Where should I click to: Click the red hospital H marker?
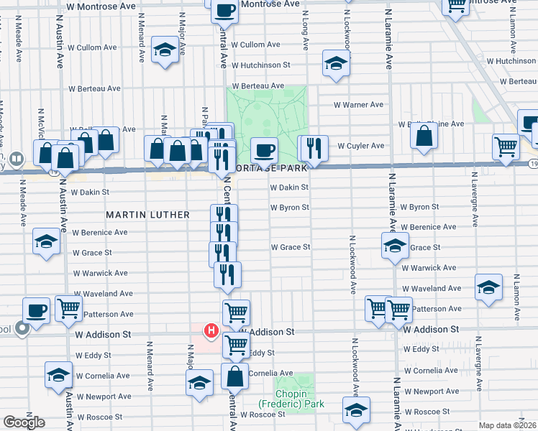coord(211,330)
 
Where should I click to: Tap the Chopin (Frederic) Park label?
coord(301,399)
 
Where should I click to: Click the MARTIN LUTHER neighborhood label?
coord(147,215)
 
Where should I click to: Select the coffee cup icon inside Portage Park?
coord(265,149)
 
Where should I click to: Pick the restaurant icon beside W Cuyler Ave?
coord(314,148)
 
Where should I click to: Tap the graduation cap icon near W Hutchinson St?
coord(336,63)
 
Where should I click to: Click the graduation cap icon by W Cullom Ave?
coord(165,50)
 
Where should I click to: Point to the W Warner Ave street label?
coord(358,105)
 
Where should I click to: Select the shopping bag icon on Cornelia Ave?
coord(235,376)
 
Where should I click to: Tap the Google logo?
coord(24,422)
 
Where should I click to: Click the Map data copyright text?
coord(507,425)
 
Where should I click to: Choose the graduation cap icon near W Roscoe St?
coord(355,410)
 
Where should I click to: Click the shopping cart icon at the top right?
coord(456,6)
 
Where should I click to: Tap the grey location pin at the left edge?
coord(22,329)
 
